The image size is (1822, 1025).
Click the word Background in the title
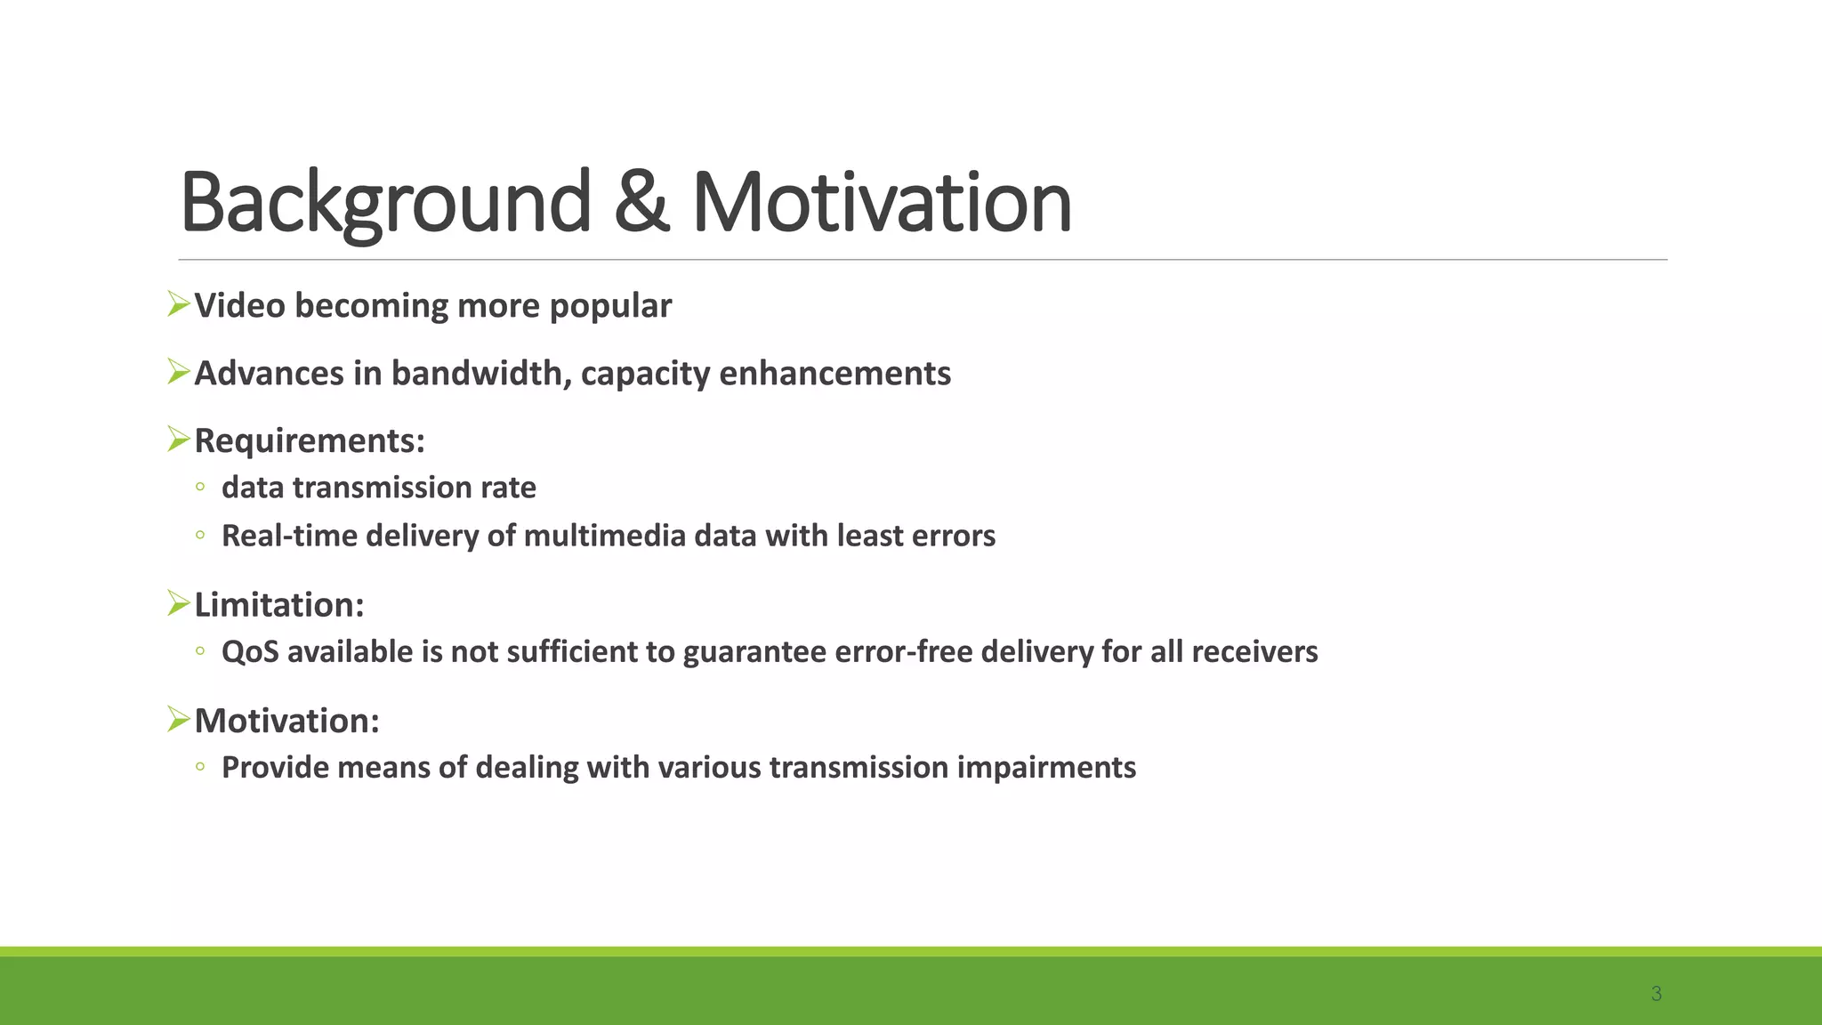pos(384,203)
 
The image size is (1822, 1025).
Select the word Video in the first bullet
pos(239,306)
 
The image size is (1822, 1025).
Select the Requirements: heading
pos(310,441)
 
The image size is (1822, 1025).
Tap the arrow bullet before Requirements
pos(179,439)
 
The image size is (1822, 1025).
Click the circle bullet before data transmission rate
pos(200,487)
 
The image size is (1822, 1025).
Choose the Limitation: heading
pos(279,605)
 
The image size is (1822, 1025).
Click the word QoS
pos(250,652)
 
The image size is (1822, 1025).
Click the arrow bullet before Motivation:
pos(179,719)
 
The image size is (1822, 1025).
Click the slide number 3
pos(1656,994)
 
